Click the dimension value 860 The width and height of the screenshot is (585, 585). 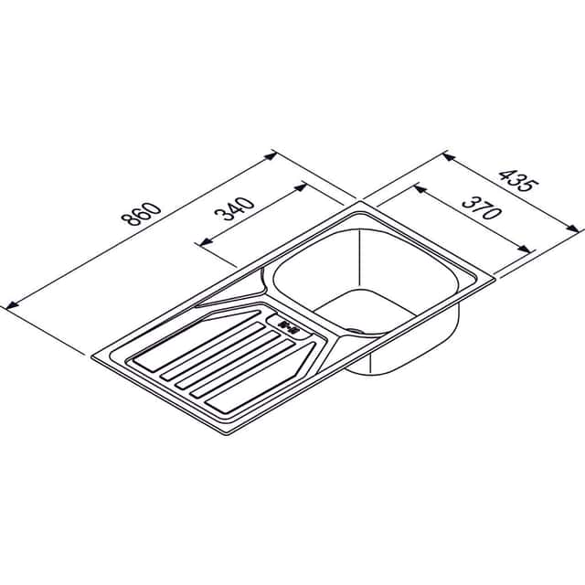coord(142,215)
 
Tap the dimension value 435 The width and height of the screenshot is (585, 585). coord(519,181)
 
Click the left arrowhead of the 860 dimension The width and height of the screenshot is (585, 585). coord(11,304)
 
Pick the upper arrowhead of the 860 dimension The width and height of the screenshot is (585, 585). coord(271,155)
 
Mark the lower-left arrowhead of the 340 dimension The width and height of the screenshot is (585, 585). coord(205,242)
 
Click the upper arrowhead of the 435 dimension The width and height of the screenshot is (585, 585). coord(449,157)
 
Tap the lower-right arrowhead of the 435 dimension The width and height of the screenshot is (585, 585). coord(573,228)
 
